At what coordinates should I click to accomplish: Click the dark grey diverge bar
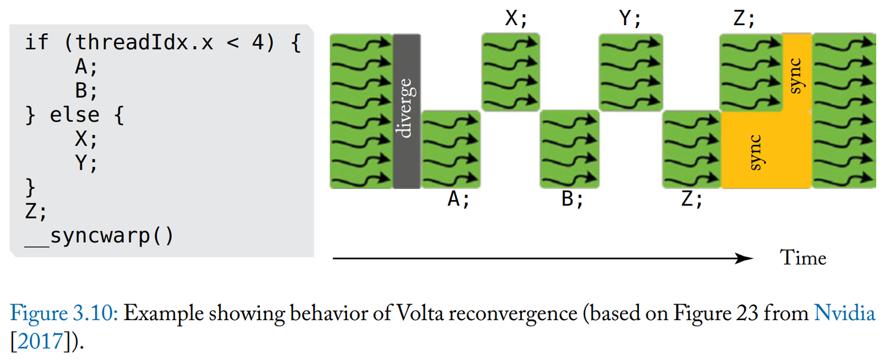pos(407,111)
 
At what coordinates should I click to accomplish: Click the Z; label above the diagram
pos(744,19)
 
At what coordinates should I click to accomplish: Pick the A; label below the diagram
pos(458,200)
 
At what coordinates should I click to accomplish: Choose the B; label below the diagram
pos(573,200)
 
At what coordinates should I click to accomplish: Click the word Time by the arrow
pos(803,258)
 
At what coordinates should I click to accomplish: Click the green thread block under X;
pos(511,72)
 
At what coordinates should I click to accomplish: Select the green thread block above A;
pos(451,150)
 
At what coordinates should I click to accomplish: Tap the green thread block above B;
pos(569,150)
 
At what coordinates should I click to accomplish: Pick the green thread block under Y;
pos(630,72)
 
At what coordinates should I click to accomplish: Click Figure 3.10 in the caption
pos(65,314)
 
